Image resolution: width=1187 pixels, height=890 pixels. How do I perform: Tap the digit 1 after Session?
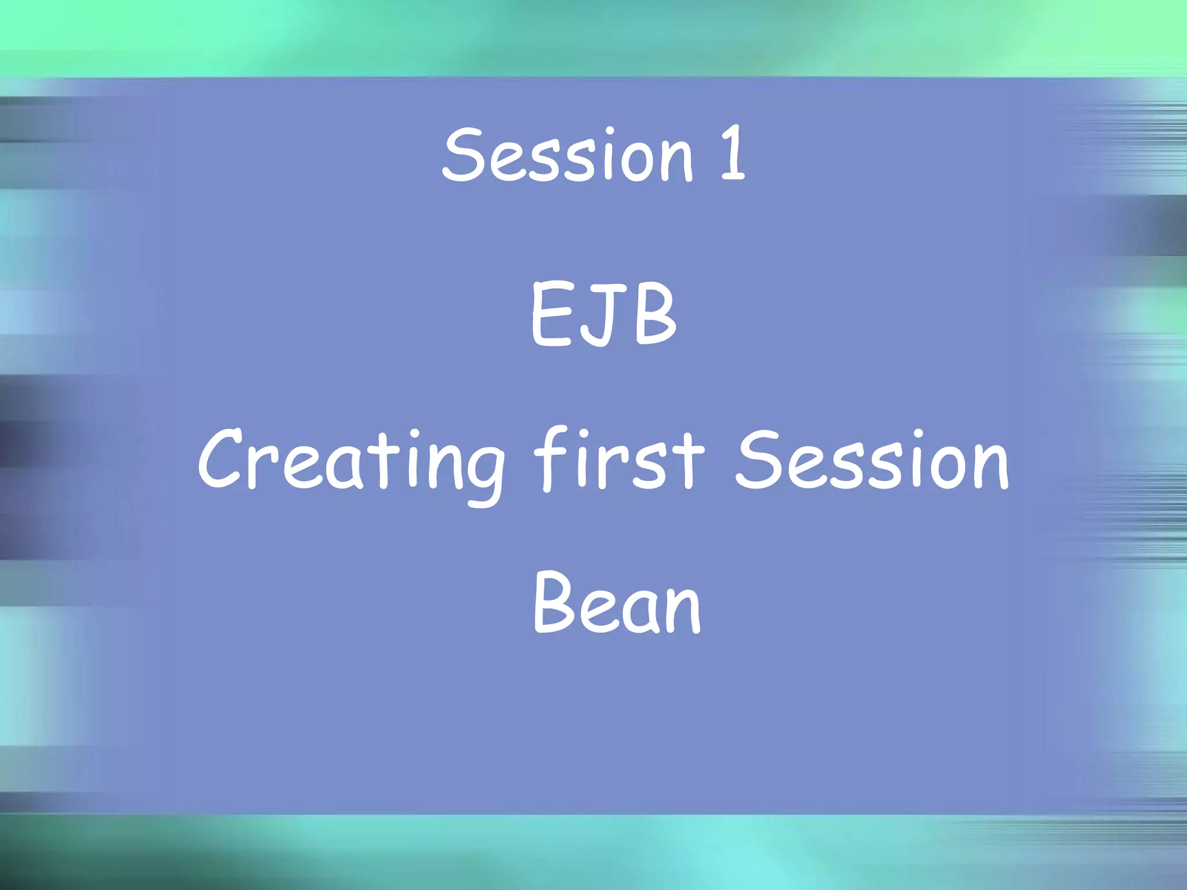click(733, 154)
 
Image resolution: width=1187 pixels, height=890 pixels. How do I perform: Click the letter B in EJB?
click(655, 315)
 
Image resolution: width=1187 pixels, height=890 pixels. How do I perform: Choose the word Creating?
click(351, 461)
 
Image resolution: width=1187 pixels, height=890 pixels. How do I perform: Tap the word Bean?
click(617, 603)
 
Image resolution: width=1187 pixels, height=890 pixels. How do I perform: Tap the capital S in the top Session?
click(464, 154)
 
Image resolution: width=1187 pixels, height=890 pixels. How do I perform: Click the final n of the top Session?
click(676, 159)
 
